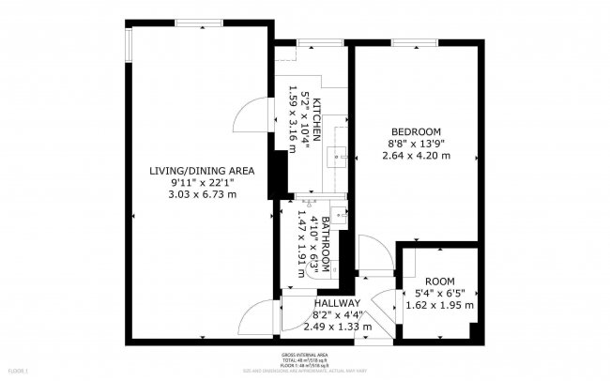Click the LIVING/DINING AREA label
coord(202,170)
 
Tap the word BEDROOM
coord(417,130)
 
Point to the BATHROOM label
coord(326,239)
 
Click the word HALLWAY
coord(337,303)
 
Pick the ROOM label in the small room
coord(439,281)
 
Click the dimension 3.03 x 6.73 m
coord(202,194)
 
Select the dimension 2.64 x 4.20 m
coord(417,155)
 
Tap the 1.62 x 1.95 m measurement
coord(439,305)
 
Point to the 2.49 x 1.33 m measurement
coord(337,327)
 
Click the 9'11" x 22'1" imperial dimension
coord(202,182)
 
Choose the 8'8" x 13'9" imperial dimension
coord(417,143)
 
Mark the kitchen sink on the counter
coord(338,156)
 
